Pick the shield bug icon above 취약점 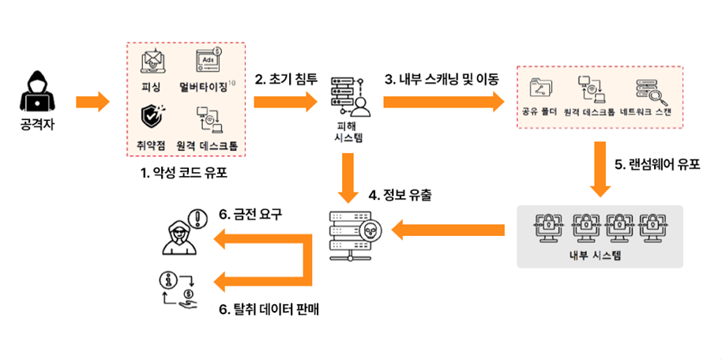click(x=152, y=117)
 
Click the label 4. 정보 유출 click(x=403, y=193)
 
